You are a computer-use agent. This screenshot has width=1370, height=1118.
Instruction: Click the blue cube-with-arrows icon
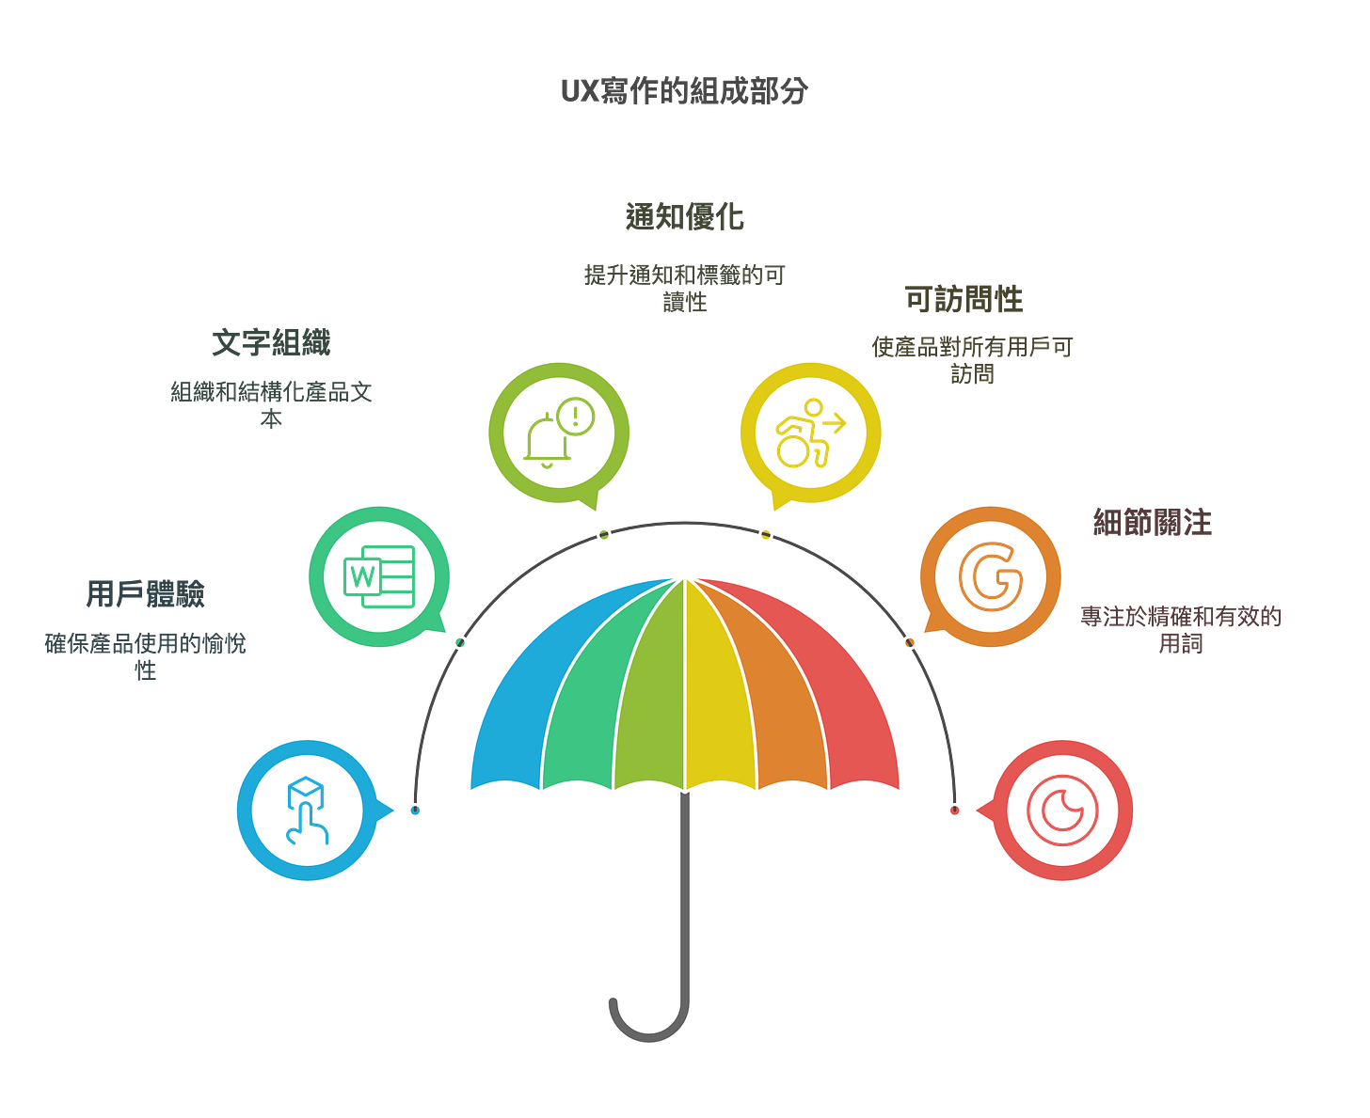click(307, 810)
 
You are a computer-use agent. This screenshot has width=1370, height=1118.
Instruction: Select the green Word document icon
click(379, 575)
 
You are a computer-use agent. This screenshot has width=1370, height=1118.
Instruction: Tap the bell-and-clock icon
click(559, 432)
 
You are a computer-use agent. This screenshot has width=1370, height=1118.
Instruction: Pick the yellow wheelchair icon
click(810, 433)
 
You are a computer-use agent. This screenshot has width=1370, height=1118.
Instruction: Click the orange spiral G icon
click(990, 575)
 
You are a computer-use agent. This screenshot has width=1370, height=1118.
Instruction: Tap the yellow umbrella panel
click(720, 696)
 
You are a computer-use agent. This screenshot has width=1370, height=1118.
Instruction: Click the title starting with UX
click(684, 91)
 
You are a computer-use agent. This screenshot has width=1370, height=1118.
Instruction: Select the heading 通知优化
click(685, 217)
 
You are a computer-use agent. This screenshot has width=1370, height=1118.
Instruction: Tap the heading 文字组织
click(271, 343)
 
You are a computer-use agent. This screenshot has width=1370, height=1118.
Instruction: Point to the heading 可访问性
click(964, 299)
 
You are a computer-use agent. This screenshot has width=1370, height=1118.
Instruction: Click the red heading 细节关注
click(1153, 522)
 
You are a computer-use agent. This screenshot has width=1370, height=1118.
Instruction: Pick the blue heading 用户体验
click(146, 593)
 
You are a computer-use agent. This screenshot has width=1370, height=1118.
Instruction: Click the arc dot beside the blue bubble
click(415, 810)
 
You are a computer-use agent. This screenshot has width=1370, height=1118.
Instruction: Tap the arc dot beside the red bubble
click(955, 810)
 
